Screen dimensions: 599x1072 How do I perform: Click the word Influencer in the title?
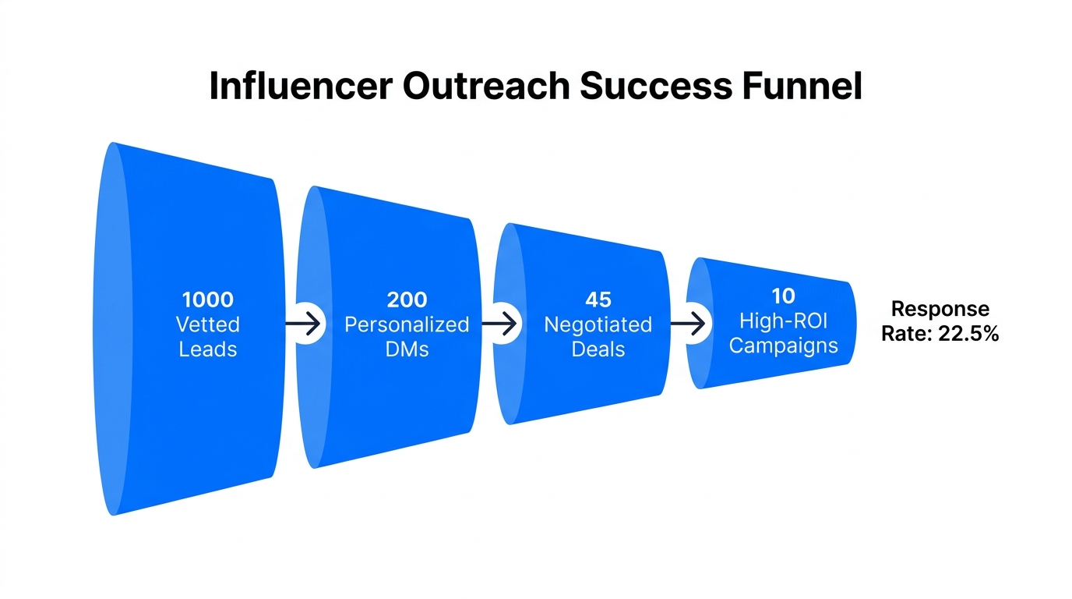pyautogui.click(x=300, y=87)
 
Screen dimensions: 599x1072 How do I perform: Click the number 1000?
pyautogui.click(x=208, y=299)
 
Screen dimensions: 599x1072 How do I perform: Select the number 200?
pyautogui.click(x=407, y=299)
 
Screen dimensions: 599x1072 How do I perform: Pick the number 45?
pyautogui.click(x=598, y=300)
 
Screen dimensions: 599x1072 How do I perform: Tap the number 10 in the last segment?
pyautogui.click(x=784, y=296)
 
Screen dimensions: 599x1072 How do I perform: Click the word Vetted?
pyautogui.click(x=208, y=324)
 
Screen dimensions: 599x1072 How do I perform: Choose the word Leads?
pyautogui.click(x=208, y=349)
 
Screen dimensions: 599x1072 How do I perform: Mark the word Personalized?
pyautogui.click(x=407, y=324)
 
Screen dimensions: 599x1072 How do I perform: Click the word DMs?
pyautogui.click(x=407, y=349)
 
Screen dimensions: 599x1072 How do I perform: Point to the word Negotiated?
pyautogui.click(x=598, y=324)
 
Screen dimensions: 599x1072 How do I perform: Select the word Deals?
pyautogui.click(x=598, y=349)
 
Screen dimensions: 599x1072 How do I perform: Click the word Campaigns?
pyautogui.click(x=784, y=345)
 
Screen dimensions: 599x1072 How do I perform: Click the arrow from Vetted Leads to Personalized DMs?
pyautogui.click(x=304, y=322)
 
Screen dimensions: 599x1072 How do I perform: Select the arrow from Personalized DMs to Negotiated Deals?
pyautogui.click(x=500, y=322)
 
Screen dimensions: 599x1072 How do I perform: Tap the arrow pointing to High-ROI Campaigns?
pyautogui.click(x=689, y=322)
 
